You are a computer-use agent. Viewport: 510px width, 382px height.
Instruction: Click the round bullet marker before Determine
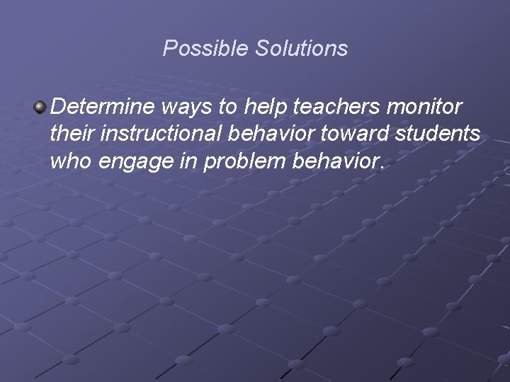pyautogui.click(x=40, y=108)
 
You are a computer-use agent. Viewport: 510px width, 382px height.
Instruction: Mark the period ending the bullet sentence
pyautogui.click(x=382, y=168)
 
